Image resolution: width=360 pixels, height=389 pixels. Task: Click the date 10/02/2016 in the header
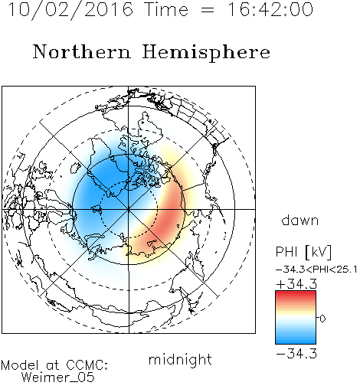70,10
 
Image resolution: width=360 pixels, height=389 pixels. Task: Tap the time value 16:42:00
270,9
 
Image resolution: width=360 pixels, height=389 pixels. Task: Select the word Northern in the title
82,51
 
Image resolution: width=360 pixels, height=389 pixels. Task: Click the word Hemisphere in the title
206,53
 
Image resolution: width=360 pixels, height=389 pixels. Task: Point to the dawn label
300,220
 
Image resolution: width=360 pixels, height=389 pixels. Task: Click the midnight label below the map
180,359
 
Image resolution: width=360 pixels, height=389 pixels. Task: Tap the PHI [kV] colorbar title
303,252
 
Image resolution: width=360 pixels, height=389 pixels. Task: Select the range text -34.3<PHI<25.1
316,270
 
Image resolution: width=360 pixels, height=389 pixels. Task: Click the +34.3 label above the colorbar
296,283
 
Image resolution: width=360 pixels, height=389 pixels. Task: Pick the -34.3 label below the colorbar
296,354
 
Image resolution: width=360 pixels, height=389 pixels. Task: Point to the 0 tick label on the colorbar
322,319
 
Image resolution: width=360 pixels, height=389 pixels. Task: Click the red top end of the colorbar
296,293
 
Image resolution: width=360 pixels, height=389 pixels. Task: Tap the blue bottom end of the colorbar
296,342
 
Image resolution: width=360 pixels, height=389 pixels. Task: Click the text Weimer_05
58,377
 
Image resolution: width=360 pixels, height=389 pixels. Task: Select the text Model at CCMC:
54,365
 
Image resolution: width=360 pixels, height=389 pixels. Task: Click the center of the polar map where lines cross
129,209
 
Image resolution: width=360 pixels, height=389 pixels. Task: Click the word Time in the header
166,9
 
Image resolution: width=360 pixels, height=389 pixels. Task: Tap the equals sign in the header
208,10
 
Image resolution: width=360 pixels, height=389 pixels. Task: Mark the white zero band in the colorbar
296,319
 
